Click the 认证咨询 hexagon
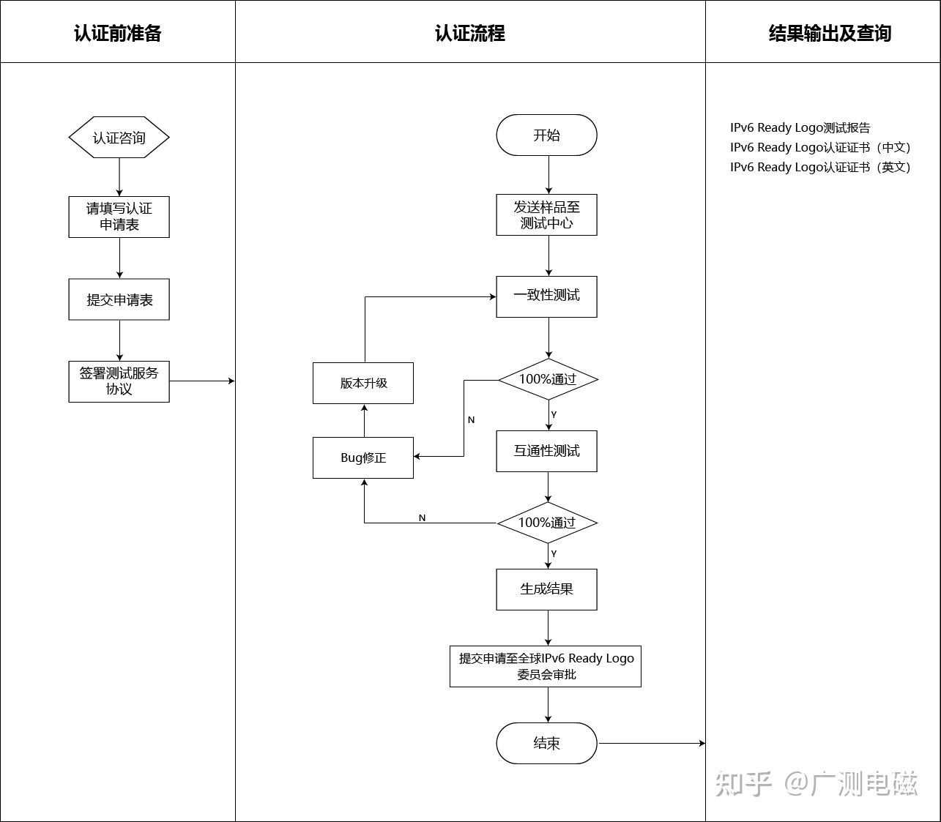click(119, 138)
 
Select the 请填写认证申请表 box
click(119, 217)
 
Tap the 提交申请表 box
click(119, 299)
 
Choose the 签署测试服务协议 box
click(119, 381)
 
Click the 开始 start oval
click(546, 135)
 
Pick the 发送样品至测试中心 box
click(546, 215)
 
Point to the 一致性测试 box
click(546, 296)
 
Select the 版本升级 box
click(363, 383)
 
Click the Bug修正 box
click(363, 457)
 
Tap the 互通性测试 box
click(546, 451)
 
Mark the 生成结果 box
click(546, 589)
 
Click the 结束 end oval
click(546, 744)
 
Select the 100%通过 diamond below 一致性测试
click(548, 379)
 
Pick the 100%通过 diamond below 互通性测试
click(547, 523)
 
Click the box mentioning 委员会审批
click(546, 666)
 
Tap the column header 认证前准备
click(118, 33)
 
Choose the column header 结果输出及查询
click(830, 33)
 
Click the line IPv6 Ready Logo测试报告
click(800, 127)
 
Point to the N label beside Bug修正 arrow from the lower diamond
click(422, 518)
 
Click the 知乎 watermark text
click(744, 784)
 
